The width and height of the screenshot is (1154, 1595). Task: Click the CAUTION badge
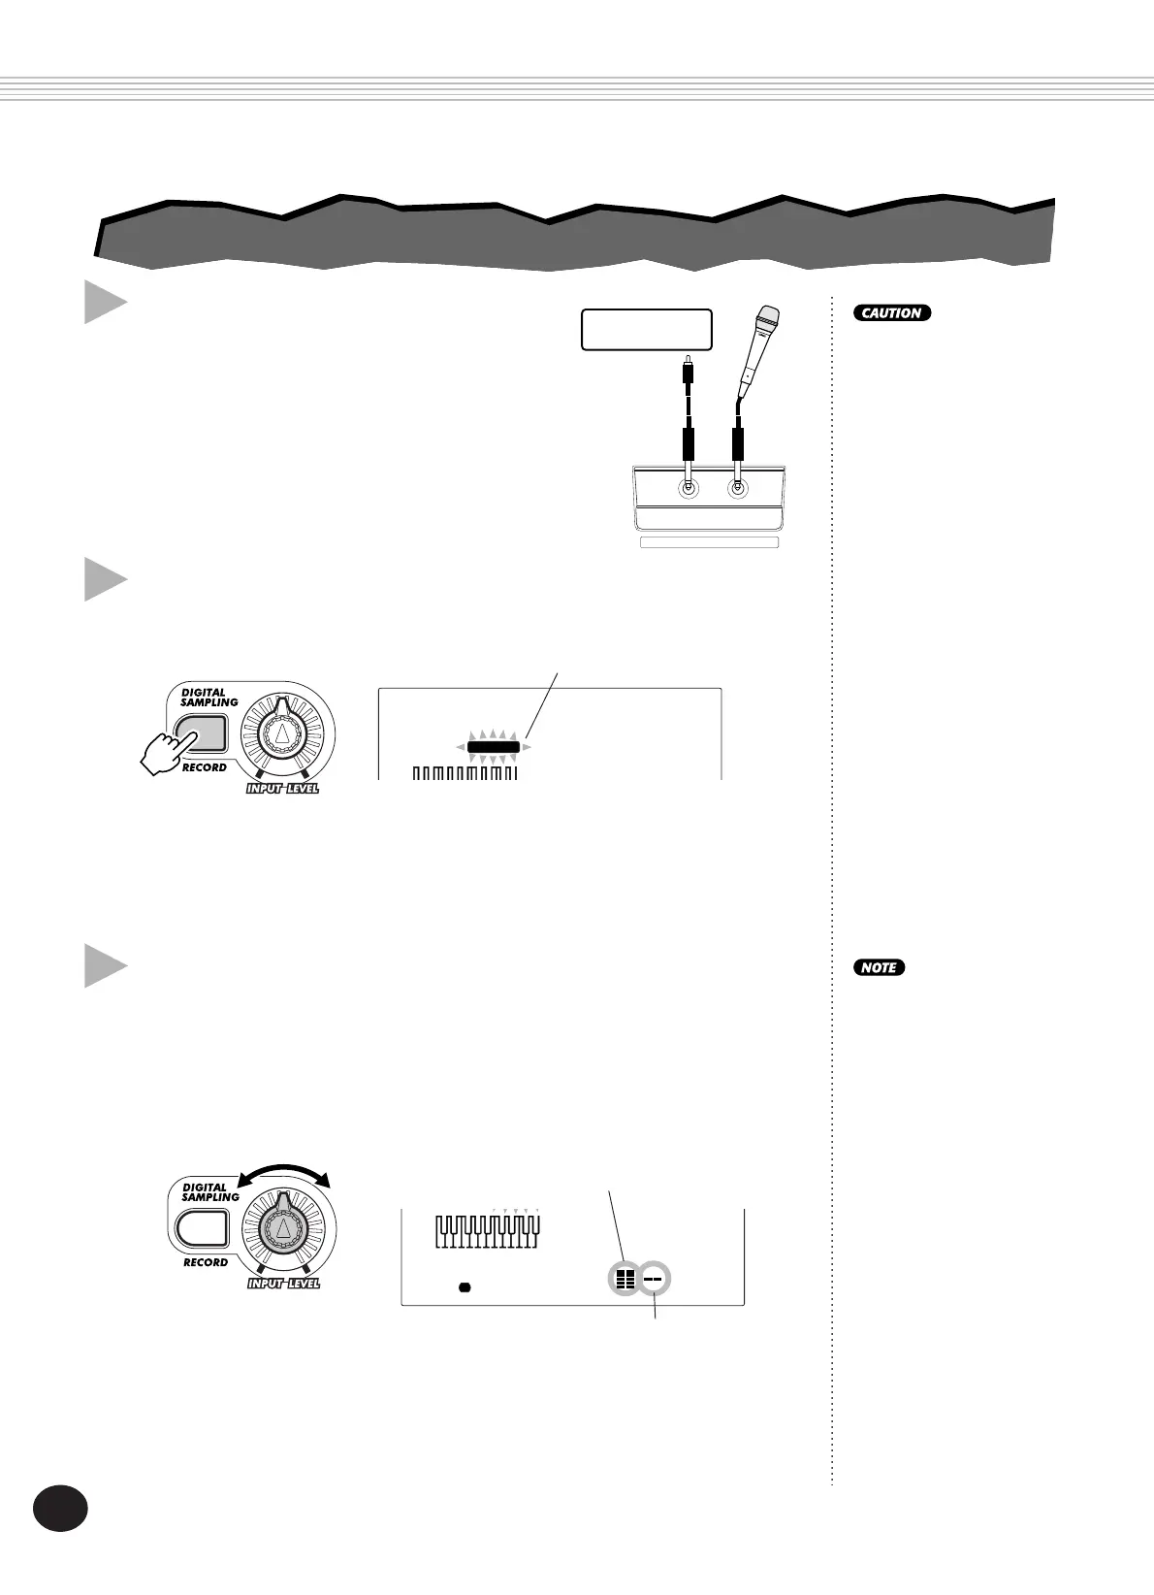(892, 313)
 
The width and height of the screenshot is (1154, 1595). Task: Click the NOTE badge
(880, 967)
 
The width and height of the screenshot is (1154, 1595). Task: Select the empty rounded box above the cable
(646, 330)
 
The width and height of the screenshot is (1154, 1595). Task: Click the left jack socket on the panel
(689, 488)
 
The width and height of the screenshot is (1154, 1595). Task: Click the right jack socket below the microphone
(738, 488)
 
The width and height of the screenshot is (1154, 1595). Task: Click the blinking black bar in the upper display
(494, 747)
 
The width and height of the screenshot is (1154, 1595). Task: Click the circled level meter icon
(625, 1280)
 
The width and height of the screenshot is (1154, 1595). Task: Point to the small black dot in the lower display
(464, 1287)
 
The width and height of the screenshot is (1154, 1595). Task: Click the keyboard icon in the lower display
(487, 1232)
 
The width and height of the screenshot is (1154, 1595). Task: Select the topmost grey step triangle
(105, 303)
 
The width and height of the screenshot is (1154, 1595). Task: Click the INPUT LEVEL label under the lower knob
(283, 1284)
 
